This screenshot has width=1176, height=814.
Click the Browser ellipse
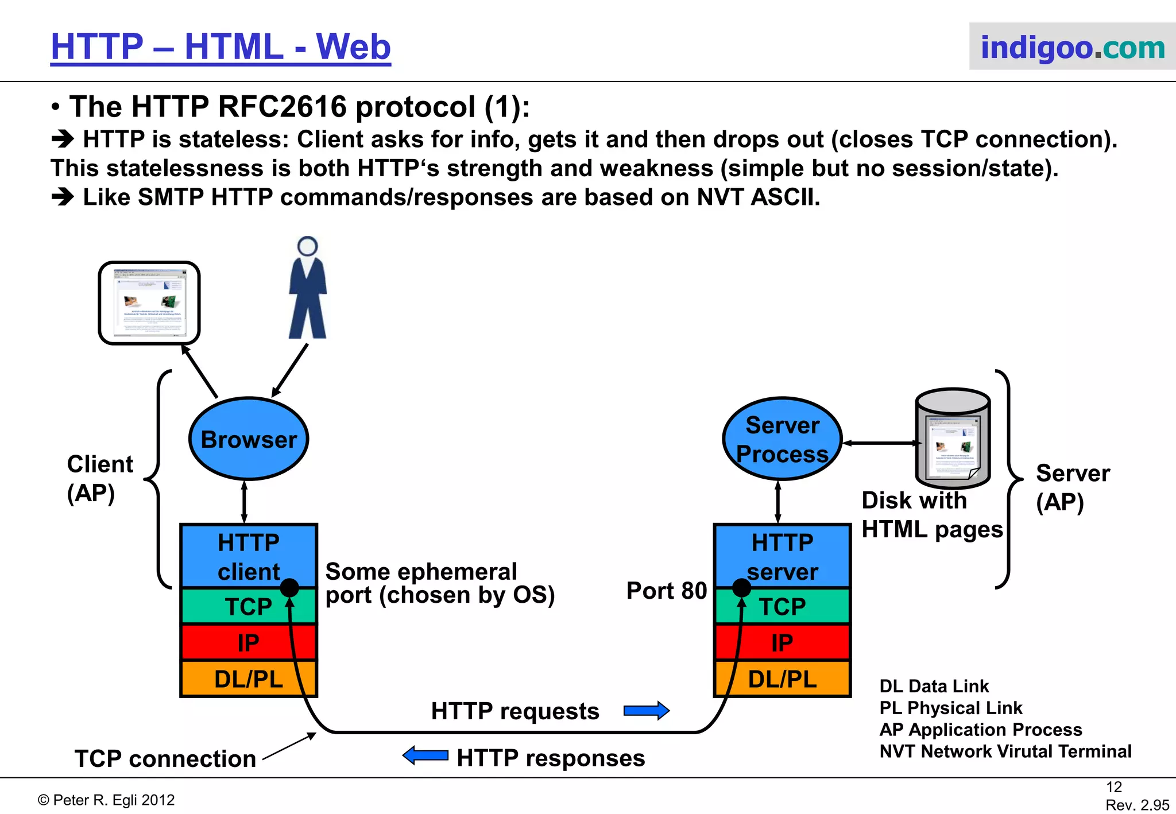click(x=248, y=439)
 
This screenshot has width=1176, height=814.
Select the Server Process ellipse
click(x=782, y=439)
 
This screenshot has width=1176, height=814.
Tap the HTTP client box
click(x=248, y=556)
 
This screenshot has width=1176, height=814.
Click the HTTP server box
click(x=782, y=556)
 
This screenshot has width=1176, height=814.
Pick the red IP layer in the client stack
click(x=248, y=642)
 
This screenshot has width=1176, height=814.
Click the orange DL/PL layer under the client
click(x=248, y=679)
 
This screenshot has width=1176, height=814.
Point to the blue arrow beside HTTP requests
click(x=647, y=711)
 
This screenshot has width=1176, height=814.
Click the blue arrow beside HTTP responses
click(x=425, y=755)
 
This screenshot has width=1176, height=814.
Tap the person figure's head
click(x=308, y=246)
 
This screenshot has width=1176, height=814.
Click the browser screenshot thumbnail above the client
click(x=149, y=303)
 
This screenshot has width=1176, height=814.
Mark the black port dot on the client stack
click(x=289, y=587)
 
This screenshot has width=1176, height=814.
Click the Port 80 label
click(x=666, y=590)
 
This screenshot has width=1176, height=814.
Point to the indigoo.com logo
click(x=1072, y=47)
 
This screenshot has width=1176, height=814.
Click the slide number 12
click(x=1113, y=787)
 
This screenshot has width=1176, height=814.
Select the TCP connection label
click(x=165, y=758)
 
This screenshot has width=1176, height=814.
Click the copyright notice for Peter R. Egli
click(x=106, y=800)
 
